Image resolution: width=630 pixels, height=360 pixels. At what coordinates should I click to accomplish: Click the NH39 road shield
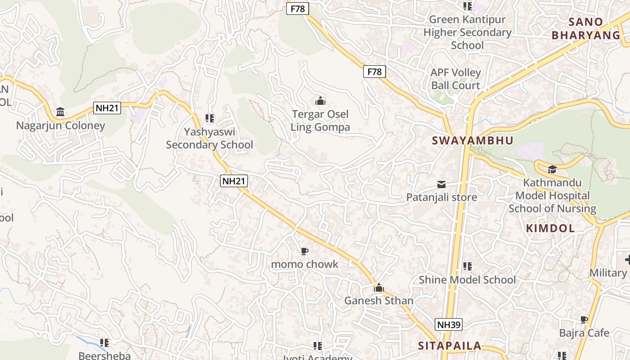point(449,324)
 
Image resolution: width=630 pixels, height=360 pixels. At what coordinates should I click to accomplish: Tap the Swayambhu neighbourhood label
point(472,140)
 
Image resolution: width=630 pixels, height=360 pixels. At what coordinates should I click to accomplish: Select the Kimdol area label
point(550,228)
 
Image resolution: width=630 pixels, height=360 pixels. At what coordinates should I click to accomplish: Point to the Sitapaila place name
point(450,346)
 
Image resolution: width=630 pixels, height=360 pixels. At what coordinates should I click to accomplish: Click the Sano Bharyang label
point(586,28)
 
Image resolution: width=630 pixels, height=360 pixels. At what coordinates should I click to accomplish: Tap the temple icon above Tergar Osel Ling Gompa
point(320,100)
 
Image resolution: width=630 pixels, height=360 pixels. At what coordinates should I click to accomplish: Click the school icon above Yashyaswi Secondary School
point(209,118)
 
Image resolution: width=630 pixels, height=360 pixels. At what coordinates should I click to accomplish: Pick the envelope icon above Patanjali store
point(441,184)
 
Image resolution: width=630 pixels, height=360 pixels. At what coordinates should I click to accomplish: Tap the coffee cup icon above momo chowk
point(305,251)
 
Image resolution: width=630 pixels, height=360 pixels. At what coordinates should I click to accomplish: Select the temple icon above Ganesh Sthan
point(379,287)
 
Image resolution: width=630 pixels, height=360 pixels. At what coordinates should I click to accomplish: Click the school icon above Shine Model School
point(468,266)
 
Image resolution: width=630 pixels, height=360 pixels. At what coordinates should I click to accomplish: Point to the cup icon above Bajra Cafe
point(584,320)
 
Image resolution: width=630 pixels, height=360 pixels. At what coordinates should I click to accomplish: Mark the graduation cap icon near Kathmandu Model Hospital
point(552,170)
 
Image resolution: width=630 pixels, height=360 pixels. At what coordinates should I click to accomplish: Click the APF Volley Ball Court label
point(456,79)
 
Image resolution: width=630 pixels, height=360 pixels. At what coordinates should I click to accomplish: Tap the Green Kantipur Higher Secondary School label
point(468,32)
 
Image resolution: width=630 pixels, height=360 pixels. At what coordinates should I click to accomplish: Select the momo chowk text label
point(305,264)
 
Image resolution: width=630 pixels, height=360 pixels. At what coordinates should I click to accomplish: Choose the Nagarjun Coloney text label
point(60,126)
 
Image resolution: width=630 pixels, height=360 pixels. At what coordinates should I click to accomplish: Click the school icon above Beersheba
point(104,343)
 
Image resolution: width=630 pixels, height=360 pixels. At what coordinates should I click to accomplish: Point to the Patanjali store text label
point(441,197)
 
